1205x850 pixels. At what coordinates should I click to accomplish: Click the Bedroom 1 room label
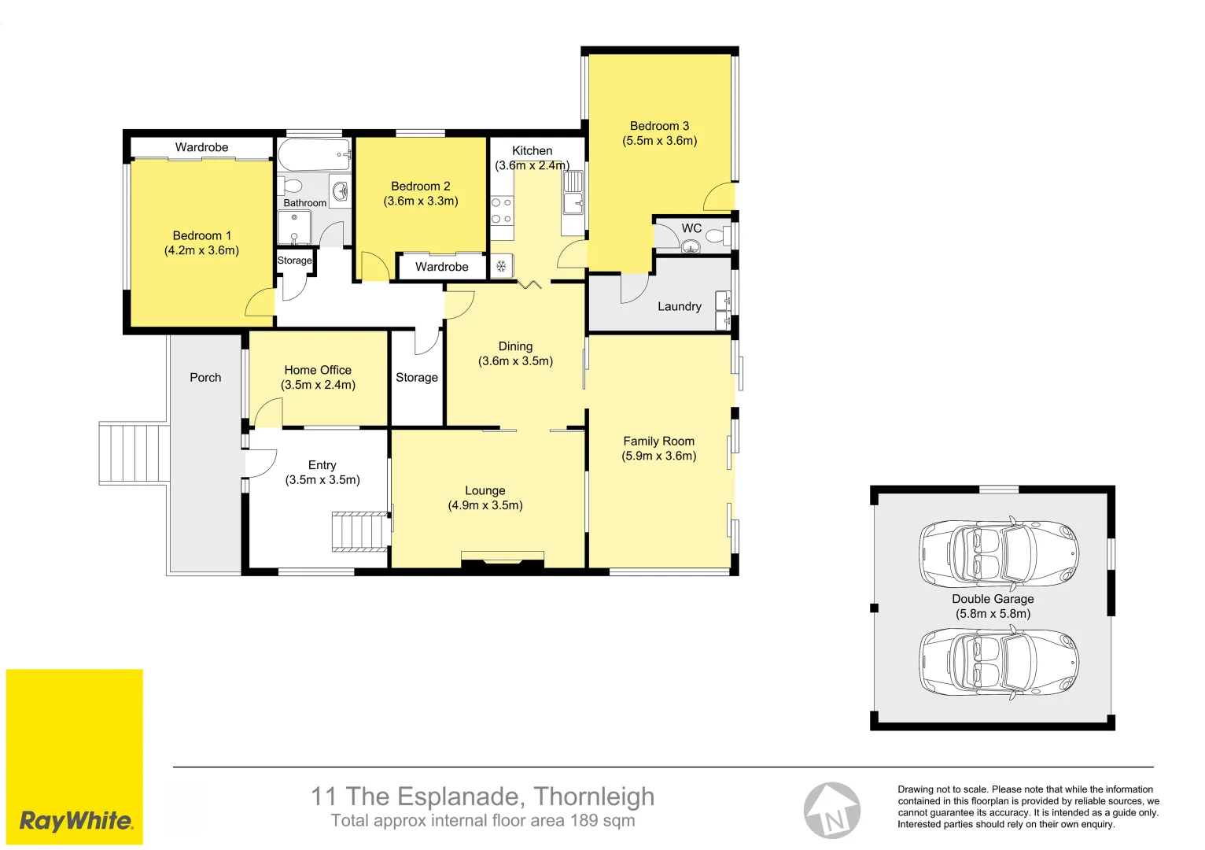[202, 235]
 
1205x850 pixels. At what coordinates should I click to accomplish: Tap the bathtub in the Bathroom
[314, 155]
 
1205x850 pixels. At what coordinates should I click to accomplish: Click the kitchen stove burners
[502, 210]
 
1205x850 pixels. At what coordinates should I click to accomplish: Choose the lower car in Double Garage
[998, 662]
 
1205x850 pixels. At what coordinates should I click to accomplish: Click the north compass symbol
[831, 811]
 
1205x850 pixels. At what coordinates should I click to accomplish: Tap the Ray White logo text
[76, 821]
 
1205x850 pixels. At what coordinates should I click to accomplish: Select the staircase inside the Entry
[360, 531]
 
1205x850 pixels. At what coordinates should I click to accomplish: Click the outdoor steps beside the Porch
[135, 453]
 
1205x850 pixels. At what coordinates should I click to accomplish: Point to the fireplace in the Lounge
[503, 560]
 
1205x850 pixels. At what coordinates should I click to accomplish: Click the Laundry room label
[679, 306]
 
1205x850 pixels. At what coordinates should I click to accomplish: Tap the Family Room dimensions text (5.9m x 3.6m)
[659, 456]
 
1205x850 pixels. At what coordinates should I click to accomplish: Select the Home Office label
[318, 370]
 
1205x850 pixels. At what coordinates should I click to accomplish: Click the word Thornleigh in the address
[594, 796]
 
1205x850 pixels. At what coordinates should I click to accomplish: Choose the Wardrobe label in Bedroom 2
[441, 267]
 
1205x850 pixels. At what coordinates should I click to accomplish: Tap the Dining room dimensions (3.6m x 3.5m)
[515, 361]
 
